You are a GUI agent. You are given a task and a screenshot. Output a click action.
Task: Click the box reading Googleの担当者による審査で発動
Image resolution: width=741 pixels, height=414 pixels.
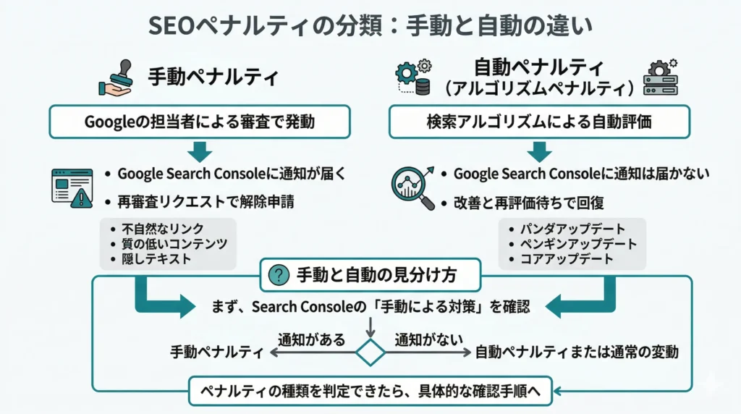(200, 122)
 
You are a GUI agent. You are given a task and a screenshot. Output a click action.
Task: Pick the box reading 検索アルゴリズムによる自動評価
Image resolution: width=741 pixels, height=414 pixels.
(538, 122)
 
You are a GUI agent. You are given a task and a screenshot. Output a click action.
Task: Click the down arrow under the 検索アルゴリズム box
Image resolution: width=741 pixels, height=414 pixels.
(538, 151)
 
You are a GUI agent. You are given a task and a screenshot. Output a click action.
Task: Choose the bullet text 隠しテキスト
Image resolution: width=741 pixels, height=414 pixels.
(156, 259)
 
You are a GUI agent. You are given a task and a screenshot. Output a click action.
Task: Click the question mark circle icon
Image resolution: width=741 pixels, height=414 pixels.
(278, 275)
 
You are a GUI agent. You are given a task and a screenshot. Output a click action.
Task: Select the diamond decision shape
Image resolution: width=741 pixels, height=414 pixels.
(370, 352)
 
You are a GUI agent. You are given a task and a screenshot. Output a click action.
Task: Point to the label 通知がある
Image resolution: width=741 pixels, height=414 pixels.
(312, 339)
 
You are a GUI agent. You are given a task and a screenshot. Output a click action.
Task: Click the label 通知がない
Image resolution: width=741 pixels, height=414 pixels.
(428, 339)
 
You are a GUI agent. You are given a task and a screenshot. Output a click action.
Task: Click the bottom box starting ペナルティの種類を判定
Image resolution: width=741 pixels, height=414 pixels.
(370, 392)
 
